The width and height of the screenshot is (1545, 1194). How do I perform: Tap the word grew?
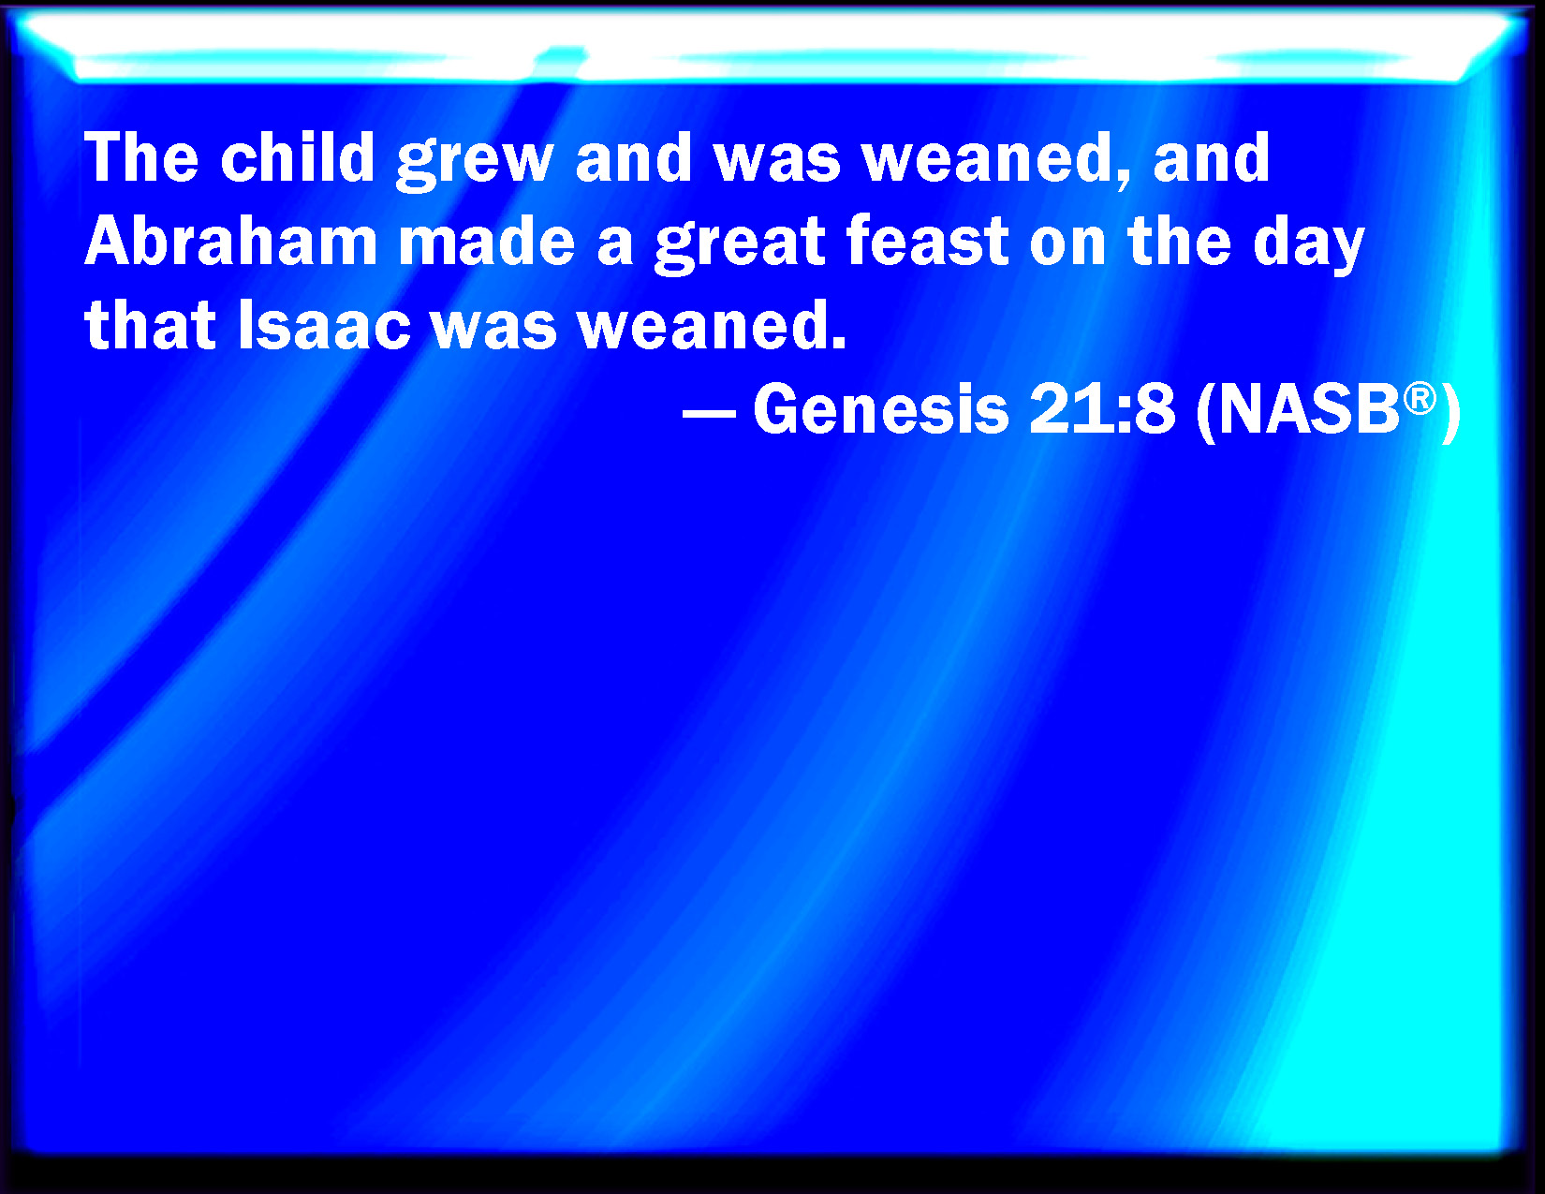[x=475, y=161]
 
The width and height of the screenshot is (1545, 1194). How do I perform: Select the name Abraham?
[x=230, y=242]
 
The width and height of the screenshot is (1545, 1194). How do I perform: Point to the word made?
[x=487, y=242]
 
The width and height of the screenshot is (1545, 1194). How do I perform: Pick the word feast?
[x=927, y=242]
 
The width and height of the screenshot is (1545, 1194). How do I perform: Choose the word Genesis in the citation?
[x=880, y=409]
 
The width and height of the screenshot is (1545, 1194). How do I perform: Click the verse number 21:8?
[x=1101, y=409]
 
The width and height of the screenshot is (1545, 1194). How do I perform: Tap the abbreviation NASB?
[x=1309, y=409]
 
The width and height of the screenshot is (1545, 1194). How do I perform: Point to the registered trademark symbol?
[x=1420, y=398]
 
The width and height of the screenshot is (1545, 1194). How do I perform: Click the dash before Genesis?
[x=709, y=413]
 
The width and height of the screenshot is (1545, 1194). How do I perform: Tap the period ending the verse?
[x=838, y=344]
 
